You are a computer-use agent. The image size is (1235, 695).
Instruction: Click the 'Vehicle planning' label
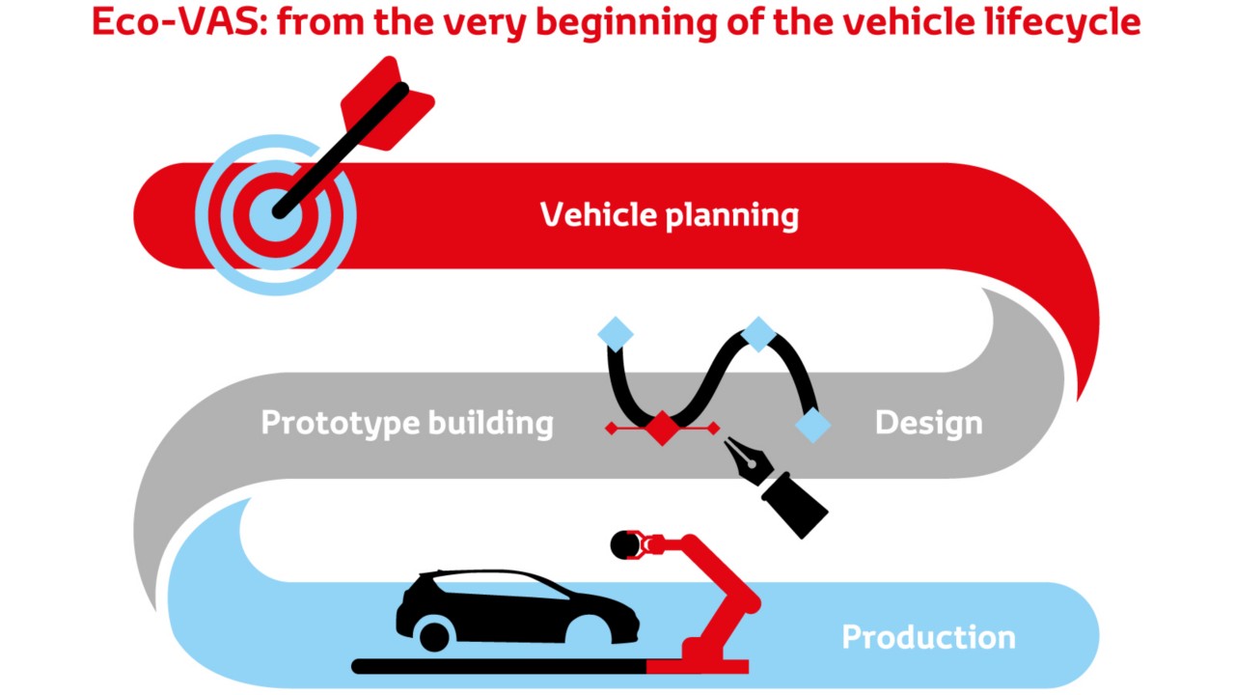coord(669,214)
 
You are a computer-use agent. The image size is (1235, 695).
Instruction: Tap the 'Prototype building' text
coord(407,423)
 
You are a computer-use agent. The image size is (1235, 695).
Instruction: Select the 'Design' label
coord(928,423)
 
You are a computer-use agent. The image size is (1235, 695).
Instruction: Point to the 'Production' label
coord(928,637)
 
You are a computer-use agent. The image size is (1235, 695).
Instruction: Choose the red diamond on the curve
coord(662,428)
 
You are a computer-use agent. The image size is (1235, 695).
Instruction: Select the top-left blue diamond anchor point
coord(616,334)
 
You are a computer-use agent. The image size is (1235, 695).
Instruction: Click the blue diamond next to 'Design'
coord(813,425)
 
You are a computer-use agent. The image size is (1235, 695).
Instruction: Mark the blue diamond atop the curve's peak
coord(758,334)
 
